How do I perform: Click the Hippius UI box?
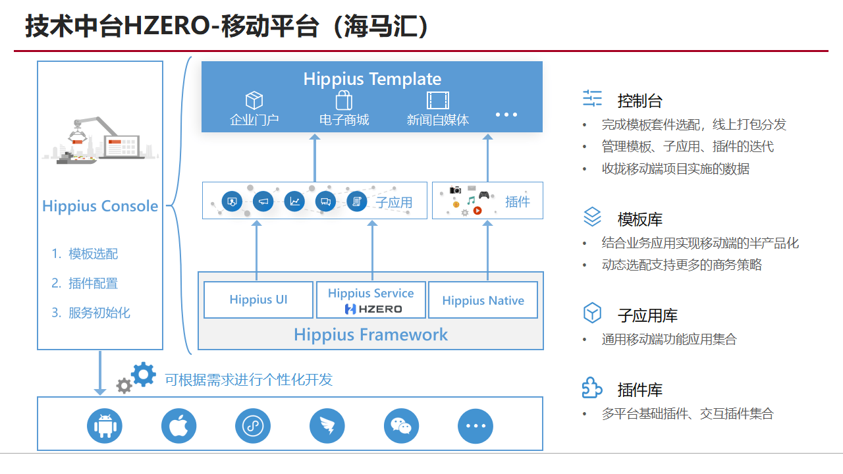click(x=258, y=300)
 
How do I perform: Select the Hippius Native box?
click(x=483, y=300)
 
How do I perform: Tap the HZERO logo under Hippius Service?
click(x=373, y=308)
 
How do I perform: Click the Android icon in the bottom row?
click(x=105, y=426)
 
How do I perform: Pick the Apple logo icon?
click(x=179, y=426)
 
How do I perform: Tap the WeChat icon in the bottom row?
click(x=401, y=426)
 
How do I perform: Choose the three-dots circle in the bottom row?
click(x=476, y=426)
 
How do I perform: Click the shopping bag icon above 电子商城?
click(x=344, y=100)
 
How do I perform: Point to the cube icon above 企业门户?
click(x=254, y=101)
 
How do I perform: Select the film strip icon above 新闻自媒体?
click(x=437, y=101)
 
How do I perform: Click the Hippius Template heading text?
click(x=372, y=79)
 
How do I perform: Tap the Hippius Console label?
click(x=100, y=206)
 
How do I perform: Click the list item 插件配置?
click(x=93, y=283)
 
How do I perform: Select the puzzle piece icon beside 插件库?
click(x=592, y=388)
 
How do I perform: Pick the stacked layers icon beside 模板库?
click(x=593, y=217)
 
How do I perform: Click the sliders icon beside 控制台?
click(x=593, y=99)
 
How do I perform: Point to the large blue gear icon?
click(x=144, y=374)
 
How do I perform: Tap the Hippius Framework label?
click(x=371, y=334)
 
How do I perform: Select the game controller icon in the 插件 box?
click(x=484, y=195)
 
